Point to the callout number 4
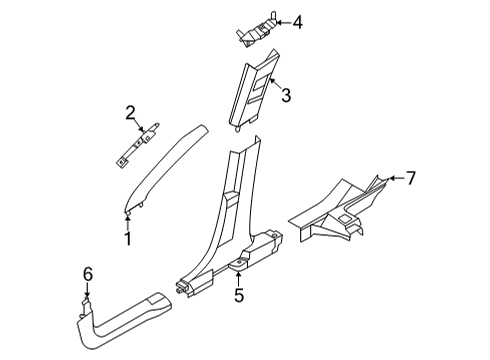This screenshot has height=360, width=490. tap(297, 21)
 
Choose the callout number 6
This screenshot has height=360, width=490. tap(88, 273)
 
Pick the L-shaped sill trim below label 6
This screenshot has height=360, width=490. tap(120, 325)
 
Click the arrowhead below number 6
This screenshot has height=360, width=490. tap(88, 291)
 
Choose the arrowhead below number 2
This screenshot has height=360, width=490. tap(141, 130)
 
